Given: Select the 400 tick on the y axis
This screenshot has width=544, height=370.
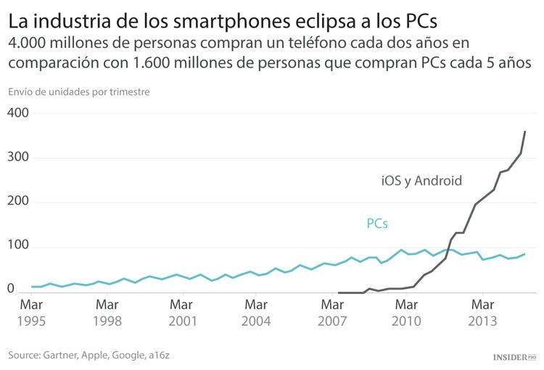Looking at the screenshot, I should (18, 114).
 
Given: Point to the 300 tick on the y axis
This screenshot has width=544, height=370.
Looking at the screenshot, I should (18, 158).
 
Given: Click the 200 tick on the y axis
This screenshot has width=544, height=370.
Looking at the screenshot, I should (18, 202).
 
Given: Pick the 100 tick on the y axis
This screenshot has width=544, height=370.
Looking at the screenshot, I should (18, 247).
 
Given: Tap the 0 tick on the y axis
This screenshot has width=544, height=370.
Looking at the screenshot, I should (11, 290).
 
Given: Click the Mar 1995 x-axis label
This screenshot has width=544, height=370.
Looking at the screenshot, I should (30, 312).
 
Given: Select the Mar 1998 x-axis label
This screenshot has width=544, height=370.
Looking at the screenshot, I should (107, 312).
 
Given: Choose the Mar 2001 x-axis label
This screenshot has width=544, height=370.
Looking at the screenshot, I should (182, 312).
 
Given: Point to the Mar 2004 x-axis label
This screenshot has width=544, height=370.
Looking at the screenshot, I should (257, 312).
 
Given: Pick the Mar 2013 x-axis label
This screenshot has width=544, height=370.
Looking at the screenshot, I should (482, 312).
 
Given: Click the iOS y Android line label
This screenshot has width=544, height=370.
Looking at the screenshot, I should (421, 181).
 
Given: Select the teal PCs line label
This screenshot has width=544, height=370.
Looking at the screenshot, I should (377, 224).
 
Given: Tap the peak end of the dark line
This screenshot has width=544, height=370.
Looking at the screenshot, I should (525, 131).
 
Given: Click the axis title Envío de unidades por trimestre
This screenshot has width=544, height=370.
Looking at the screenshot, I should (79, 92).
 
